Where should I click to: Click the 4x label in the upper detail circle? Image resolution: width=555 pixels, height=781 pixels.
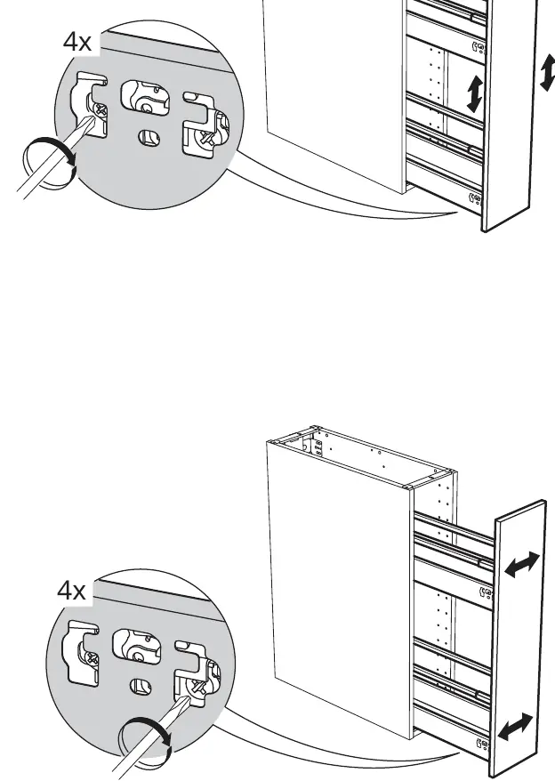point(77,42)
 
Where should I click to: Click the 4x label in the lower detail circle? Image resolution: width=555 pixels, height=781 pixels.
point(71,591)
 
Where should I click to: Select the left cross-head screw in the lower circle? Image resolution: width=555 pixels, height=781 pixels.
point(91,660)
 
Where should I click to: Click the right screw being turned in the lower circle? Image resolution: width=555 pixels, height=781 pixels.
point(199,688)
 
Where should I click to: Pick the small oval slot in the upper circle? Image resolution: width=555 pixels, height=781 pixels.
point(149,138)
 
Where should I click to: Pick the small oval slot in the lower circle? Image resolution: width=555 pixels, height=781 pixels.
point(141,687)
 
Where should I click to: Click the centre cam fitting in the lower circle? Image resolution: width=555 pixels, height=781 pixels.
point(137,648)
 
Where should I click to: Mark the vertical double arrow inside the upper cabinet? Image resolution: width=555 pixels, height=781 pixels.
point(474,93)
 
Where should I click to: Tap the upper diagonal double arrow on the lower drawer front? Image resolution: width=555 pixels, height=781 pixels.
point(522,565)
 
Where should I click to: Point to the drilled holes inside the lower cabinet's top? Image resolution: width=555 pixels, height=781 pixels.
point(318,446)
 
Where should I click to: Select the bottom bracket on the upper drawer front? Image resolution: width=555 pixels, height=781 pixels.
point(475,199)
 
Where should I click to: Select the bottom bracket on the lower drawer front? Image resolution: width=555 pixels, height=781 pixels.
point(482,745)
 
